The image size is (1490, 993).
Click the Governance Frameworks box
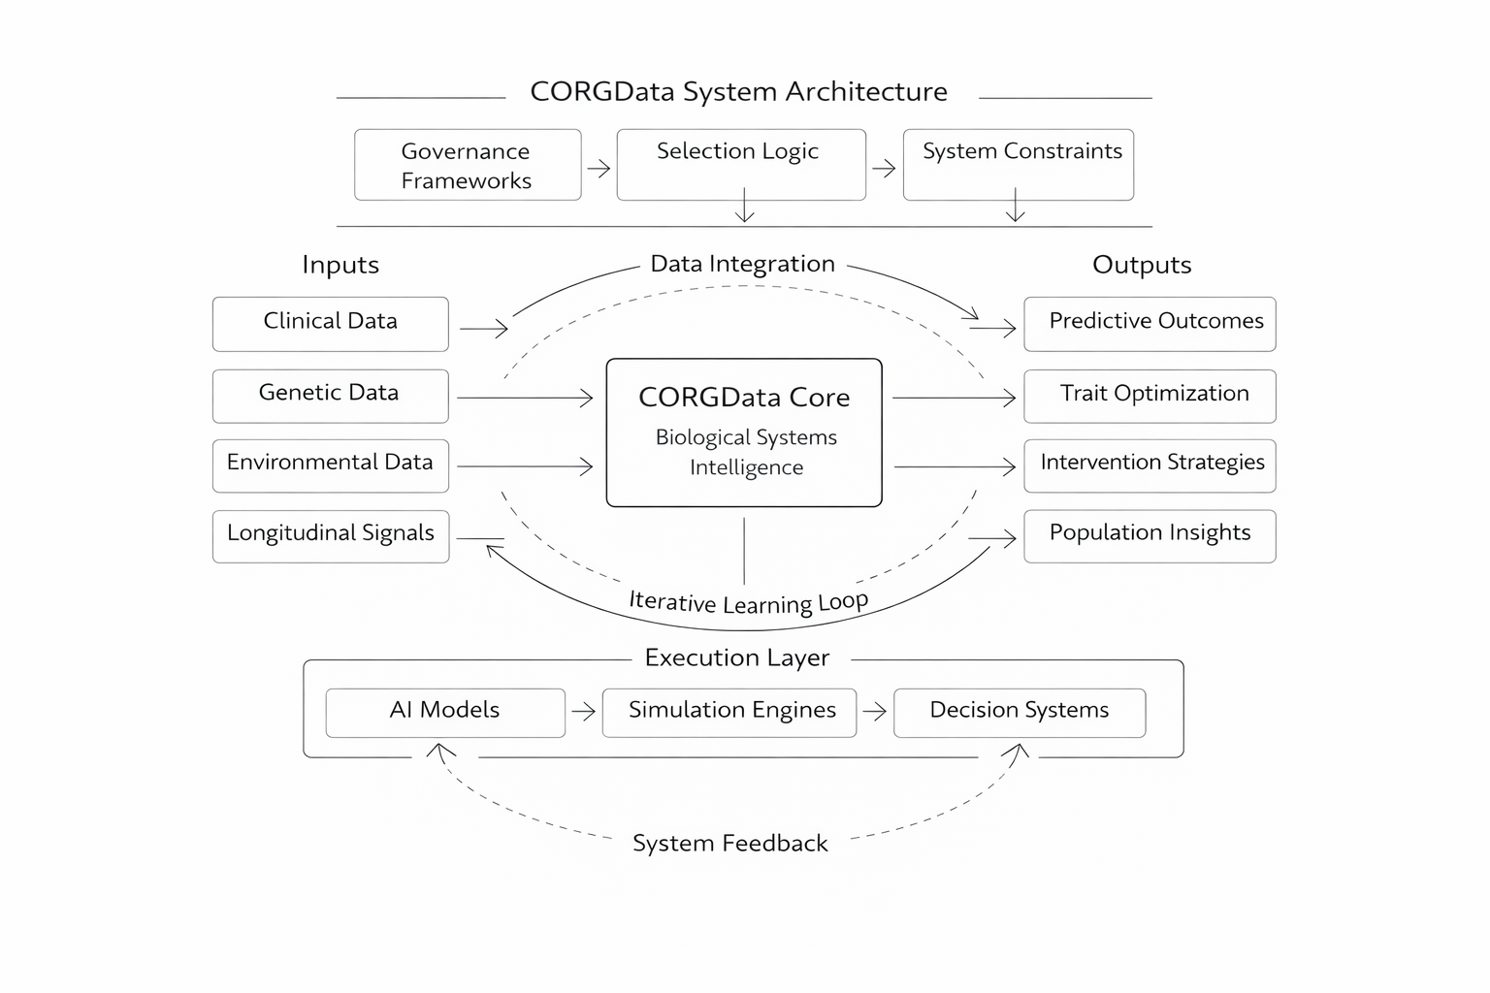468,165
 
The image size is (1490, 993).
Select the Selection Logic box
740,164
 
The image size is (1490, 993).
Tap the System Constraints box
1018,164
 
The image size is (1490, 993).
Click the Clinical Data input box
330,324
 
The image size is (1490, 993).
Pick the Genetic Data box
330,396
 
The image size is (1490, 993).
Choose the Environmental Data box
330,465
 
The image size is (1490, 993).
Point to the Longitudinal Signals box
331,536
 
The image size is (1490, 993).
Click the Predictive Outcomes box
1150,324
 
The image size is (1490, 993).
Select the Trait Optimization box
1150,396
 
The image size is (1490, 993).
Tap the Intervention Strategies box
1150,465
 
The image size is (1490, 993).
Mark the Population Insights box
1150,536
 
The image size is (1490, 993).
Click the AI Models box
445,713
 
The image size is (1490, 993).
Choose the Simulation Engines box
729,713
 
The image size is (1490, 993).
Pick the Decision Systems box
1020,713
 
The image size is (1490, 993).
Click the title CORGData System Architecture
739,92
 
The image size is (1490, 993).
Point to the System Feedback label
730,844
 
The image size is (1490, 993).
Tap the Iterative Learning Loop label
748,602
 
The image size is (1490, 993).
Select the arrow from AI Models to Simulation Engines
584,713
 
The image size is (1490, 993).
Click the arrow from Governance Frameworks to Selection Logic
599,169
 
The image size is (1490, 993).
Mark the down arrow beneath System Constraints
1016,206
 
